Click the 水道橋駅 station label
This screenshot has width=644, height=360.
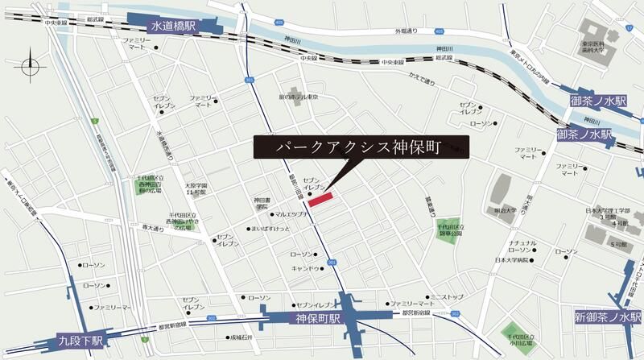coord(173,27)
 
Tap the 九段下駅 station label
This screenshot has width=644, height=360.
coord(80,341)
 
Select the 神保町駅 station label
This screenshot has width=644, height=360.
coord(314,319)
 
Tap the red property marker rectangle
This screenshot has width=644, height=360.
coord(320,198)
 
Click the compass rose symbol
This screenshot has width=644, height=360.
coord(31,65)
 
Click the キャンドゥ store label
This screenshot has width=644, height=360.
coord(307,267)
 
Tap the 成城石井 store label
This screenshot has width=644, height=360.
coord(241,337)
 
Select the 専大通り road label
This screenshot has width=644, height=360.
coord(153,228)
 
